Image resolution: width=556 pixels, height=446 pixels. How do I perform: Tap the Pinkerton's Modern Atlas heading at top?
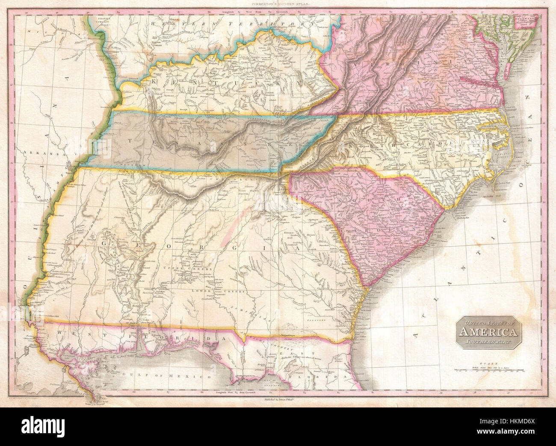tap(278, 3)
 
